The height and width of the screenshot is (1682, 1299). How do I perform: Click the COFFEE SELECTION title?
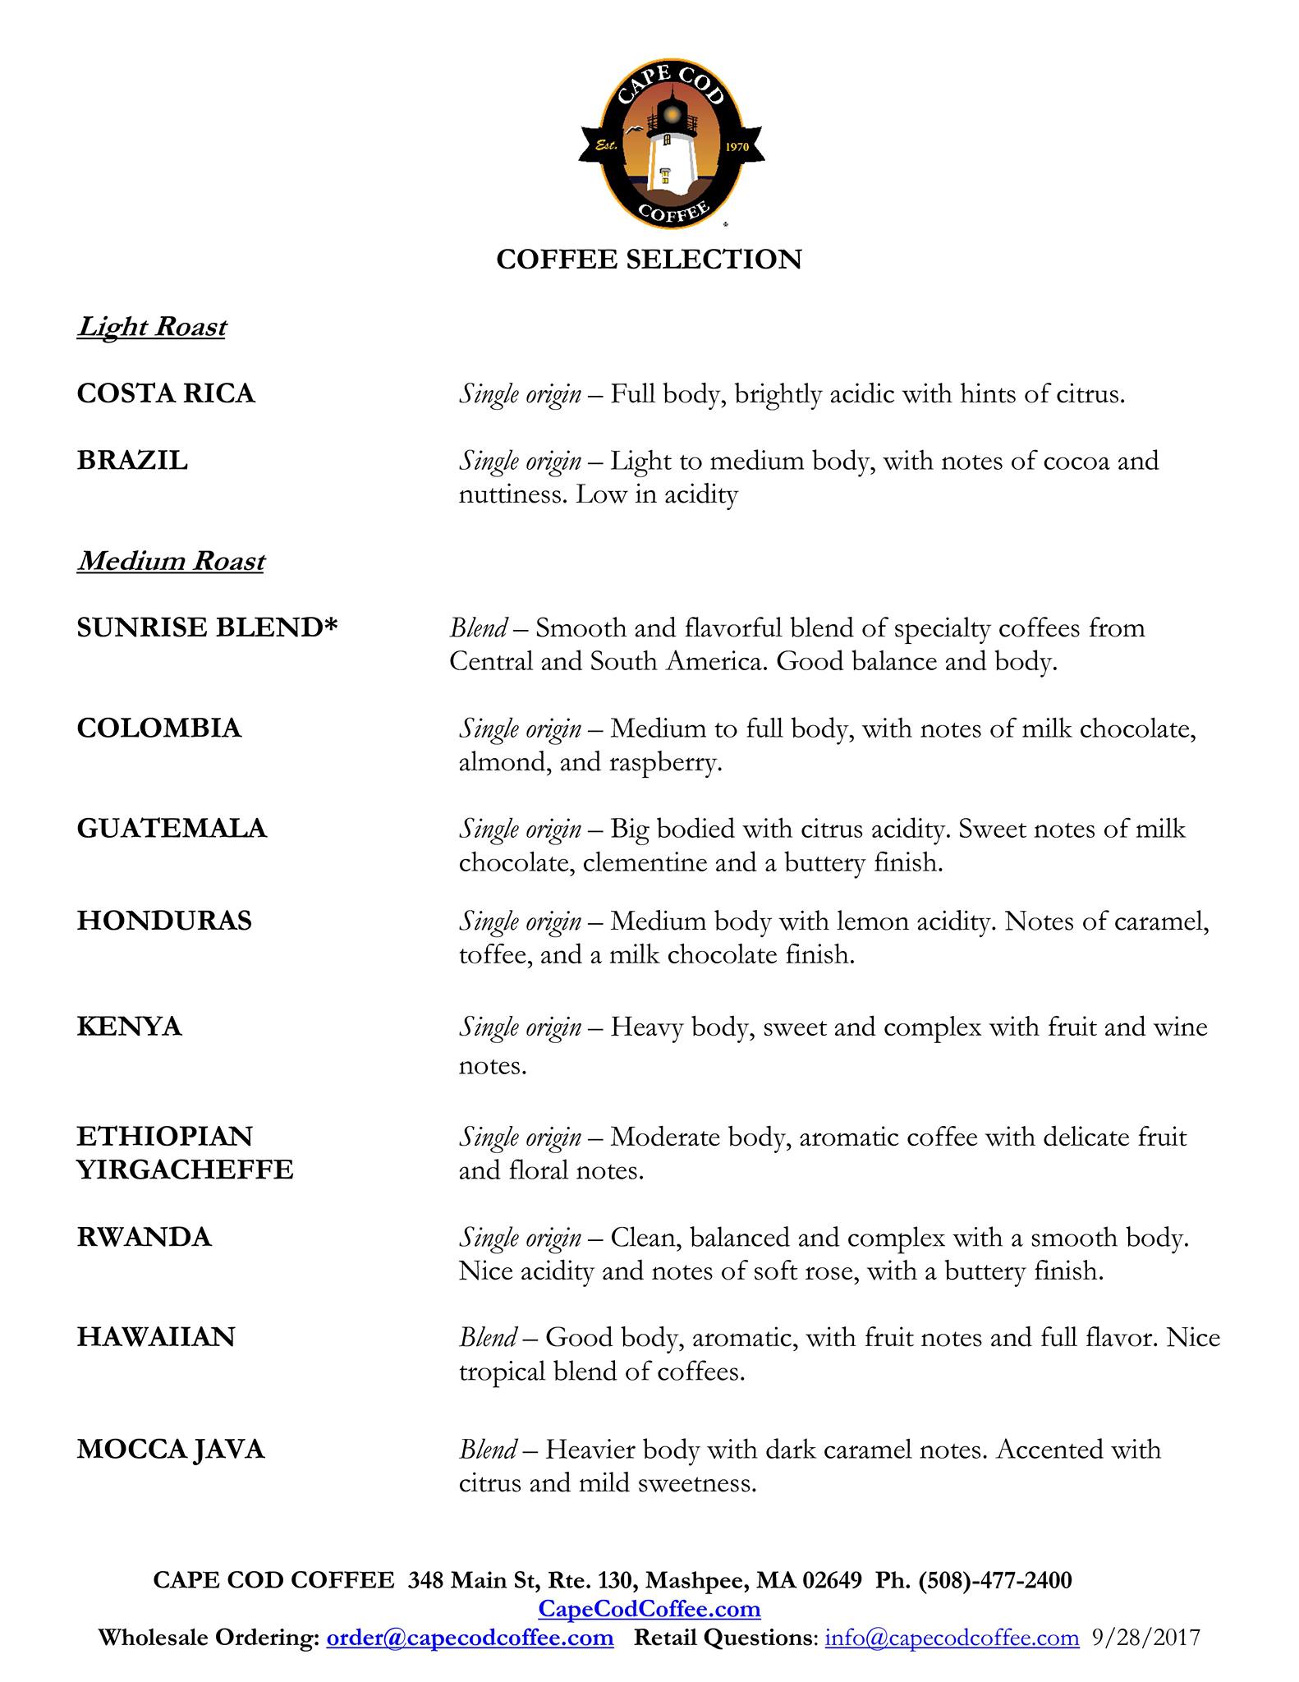point(649,260)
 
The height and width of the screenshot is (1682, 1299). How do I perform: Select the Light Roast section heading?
point(152,327)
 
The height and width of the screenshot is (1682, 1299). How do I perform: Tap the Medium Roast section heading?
point(171,561)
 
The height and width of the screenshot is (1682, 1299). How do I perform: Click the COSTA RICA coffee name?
point(166,393)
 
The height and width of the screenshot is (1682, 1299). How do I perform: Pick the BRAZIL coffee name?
point(132,461)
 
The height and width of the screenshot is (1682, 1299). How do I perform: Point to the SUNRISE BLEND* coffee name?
point(208,628)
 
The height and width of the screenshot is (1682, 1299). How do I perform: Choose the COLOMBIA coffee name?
point(159,728)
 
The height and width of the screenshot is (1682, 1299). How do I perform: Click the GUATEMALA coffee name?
point(172,828)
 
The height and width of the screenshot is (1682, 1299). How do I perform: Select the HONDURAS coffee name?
point(164,921)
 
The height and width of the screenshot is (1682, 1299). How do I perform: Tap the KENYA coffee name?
point(129,1027)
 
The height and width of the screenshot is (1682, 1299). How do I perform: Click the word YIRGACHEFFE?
point(185,1170)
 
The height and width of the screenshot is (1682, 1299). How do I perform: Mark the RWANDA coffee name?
point(145,1237)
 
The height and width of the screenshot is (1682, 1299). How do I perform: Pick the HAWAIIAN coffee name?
point(156,1337)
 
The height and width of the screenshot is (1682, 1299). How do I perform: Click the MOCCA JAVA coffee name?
point(171,1450)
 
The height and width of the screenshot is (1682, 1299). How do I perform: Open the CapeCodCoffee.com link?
point(649,1608)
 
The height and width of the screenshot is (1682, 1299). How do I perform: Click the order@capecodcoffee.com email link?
point(470,1638)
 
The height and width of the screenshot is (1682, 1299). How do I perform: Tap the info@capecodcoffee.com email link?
point(952,1638)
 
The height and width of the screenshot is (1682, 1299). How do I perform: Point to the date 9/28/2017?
point(1146,1638)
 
